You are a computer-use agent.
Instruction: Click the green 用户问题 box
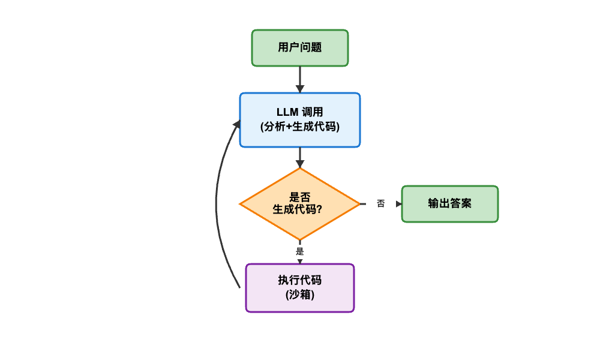[x=300, y=47]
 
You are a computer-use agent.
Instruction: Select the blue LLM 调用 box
[x=300, y=119]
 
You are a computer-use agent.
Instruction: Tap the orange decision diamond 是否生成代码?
[x=300, y=203]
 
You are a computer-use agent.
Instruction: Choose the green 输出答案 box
[x=449, y=203]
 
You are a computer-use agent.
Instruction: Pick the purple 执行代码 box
[x=300, y=287]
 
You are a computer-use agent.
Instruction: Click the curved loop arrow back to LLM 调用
[x=217, y=204]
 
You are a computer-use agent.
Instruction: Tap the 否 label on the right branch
[x=380, y=204]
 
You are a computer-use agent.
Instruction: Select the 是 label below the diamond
[x=300, y=251]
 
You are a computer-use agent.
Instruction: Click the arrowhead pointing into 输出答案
[x=398, y=204]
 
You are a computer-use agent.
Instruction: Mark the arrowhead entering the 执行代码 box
[x=300, y=261]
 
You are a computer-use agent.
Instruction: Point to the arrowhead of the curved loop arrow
[x=236, y=124]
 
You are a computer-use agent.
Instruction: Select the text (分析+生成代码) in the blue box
[x=300, y=127]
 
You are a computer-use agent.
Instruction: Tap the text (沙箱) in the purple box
[x=300, y=295]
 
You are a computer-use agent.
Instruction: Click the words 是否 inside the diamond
[x=300, y=197]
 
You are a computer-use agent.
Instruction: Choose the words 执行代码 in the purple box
[x=300, y=280]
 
